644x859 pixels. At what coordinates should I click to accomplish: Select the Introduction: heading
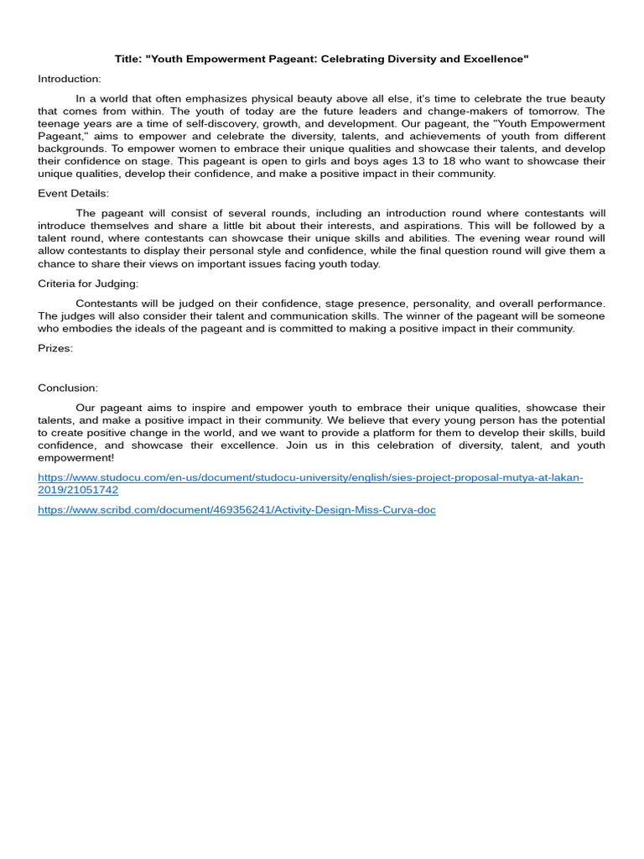coord(70,79)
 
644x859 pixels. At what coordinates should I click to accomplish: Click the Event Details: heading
coord(74,193)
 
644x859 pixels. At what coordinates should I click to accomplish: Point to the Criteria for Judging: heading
coord(89,284)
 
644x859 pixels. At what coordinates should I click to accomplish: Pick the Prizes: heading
coord(55,348)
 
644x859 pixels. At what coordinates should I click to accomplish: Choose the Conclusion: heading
coord(68,388)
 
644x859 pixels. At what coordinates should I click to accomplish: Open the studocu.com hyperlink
coord(310,477)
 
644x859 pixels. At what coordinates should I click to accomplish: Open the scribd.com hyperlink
coord(236,509)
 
